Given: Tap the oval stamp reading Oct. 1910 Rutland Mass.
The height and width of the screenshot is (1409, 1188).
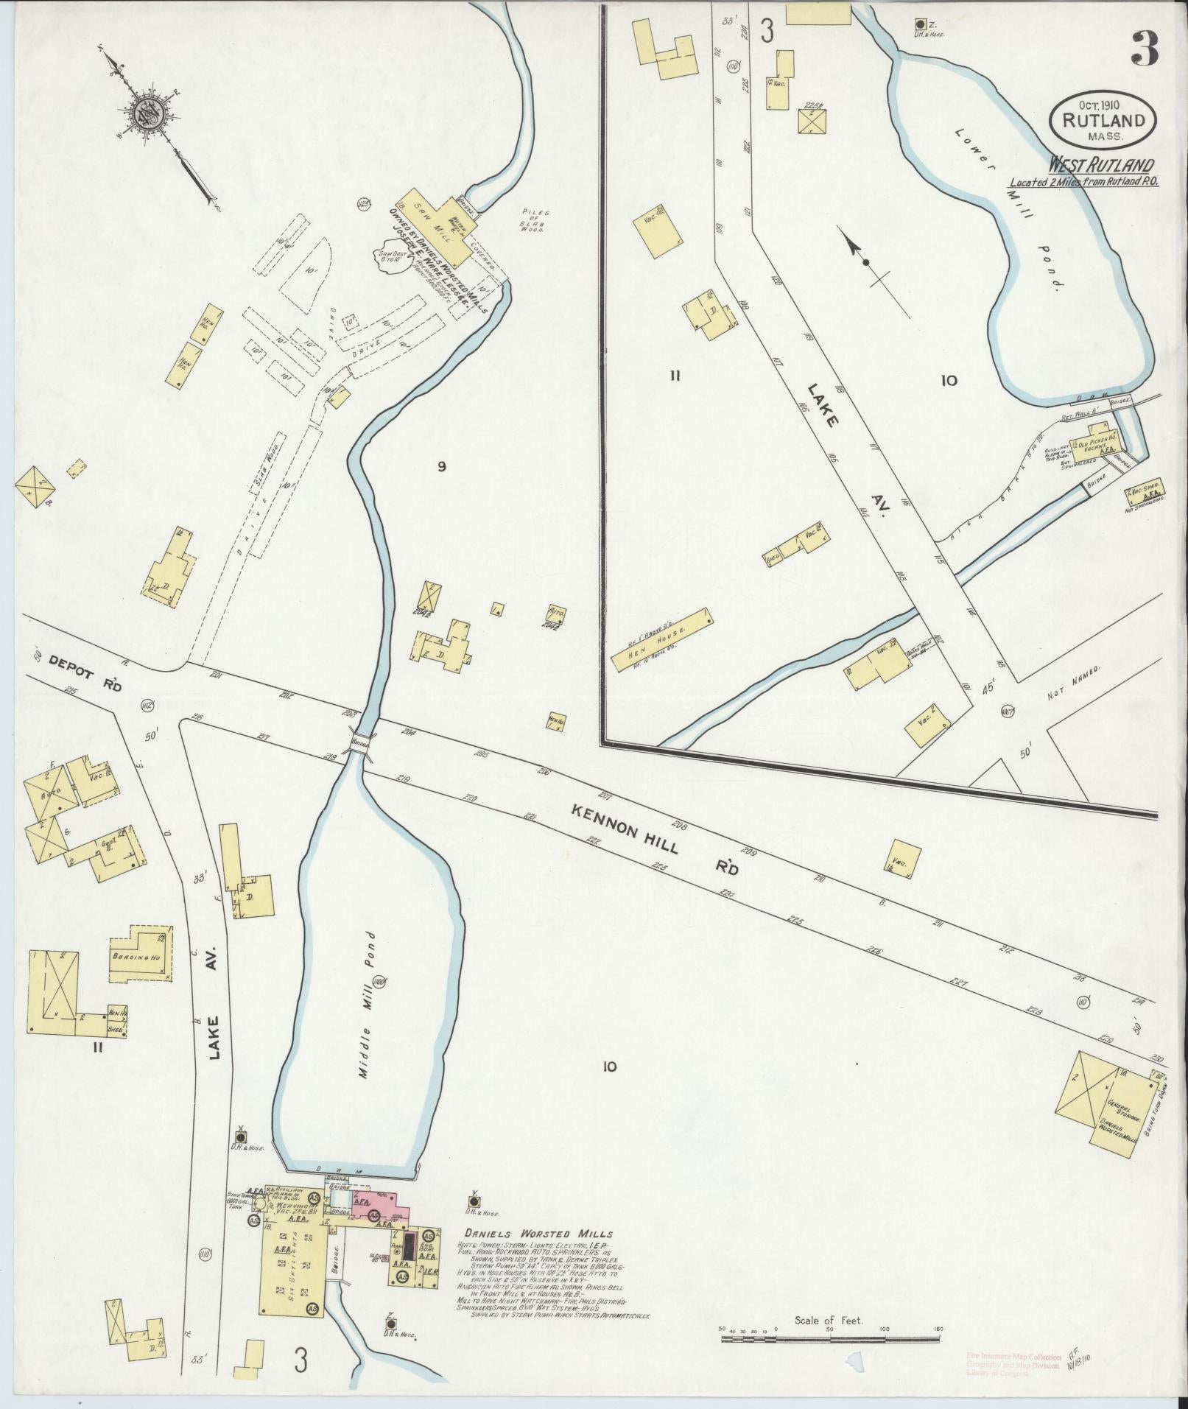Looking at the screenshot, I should pos(1103,117).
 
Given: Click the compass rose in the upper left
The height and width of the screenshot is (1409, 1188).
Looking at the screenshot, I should pos(144,113).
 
